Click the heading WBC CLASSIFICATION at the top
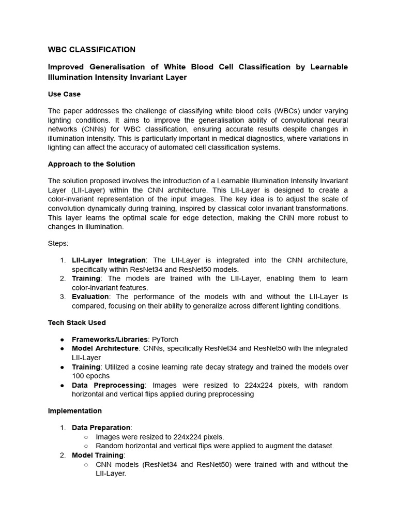(91, 50)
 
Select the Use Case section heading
(64, 94)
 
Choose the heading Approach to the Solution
(91, 164)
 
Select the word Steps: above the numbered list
(58, 243)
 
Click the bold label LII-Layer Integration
(109, 260)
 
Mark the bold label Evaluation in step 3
(90, 297)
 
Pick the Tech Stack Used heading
(77, 322)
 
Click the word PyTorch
(165, 339)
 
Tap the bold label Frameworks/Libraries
(110, 339)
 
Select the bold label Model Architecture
(105, 348)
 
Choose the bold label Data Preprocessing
(108, 385)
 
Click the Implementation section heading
(75, 411)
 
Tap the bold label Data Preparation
(101, 428)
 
